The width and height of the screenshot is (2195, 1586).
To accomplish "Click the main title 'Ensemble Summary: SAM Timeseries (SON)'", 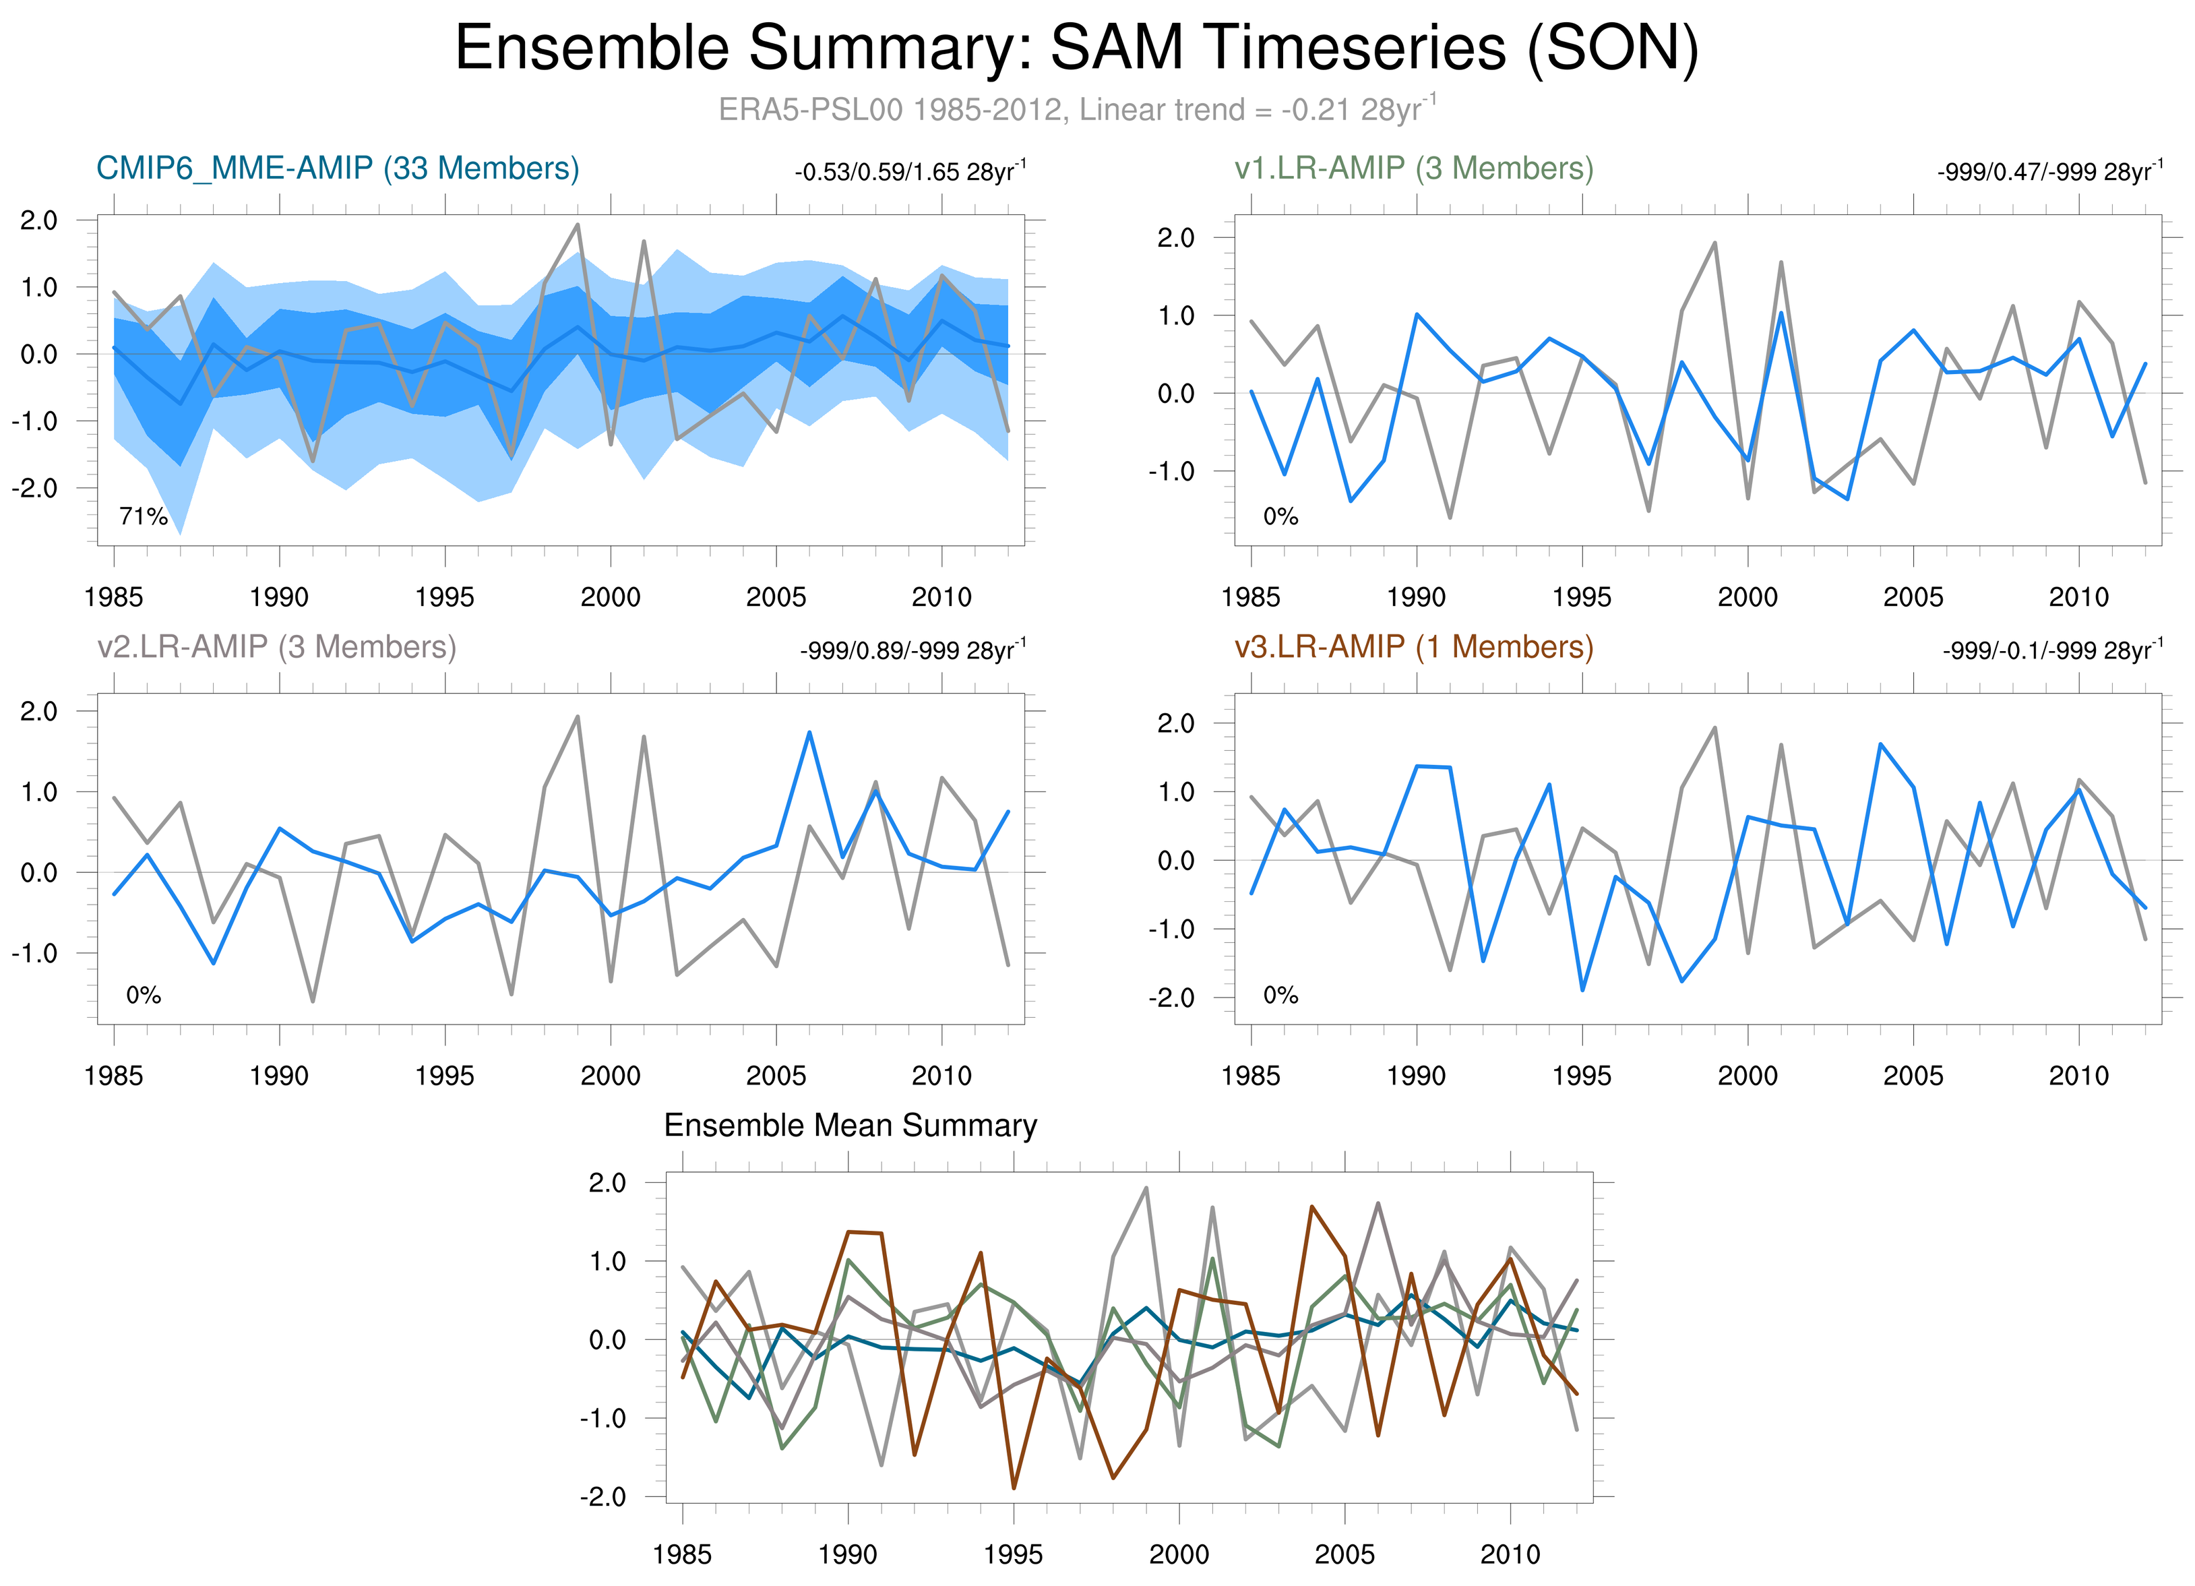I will [1076, 49].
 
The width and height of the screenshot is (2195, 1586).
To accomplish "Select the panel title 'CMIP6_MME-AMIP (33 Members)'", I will [338, 169].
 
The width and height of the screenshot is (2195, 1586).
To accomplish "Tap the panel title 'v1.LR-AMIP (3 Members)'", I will [1413, 169].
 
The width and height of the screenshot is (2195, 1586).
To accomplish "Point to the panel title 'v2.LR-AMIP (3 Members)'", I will [277, 646].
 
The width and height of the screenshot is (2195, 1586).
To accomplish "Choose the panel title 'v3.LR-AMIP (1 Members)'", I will [1413, 646].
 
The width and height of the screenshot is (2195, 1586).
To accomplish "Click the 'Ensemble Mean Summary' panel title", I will [850, 1126].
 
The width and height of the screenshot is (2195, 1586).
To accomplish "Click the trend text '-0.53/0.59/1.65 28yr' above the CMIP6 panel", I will [908, 173].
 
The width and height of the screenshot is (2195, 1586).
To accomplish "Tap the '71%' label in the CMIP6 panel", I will [144, 517].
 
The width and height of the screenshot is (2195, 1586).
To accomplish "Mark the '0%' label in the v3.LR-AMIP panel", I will [1280, 996].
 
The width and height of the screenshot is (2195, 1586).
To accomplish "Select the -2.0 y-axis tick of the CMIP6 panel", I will [35, 488].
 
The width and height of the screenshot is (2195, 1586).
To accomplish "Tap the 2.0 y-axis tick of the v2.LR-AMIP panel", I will [38, 711].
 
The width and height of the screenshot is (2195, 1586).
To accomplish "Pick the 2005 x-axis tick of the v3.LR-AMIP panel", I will [1913, 1075].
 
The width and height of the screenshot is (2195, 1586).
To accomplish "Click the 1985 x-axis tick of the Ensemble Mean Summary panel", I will [682, 1554].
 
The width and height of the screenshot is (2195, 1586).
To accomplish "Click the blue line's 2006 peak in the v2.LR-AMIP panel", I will [809, 733].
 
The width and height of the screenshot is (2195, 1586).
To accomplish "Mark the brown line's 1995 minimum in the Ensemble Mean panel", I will [1014, 1488].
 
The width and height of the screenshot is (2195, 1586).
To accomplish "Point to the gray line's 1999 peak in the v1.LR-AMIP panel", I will [1715, 243].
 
